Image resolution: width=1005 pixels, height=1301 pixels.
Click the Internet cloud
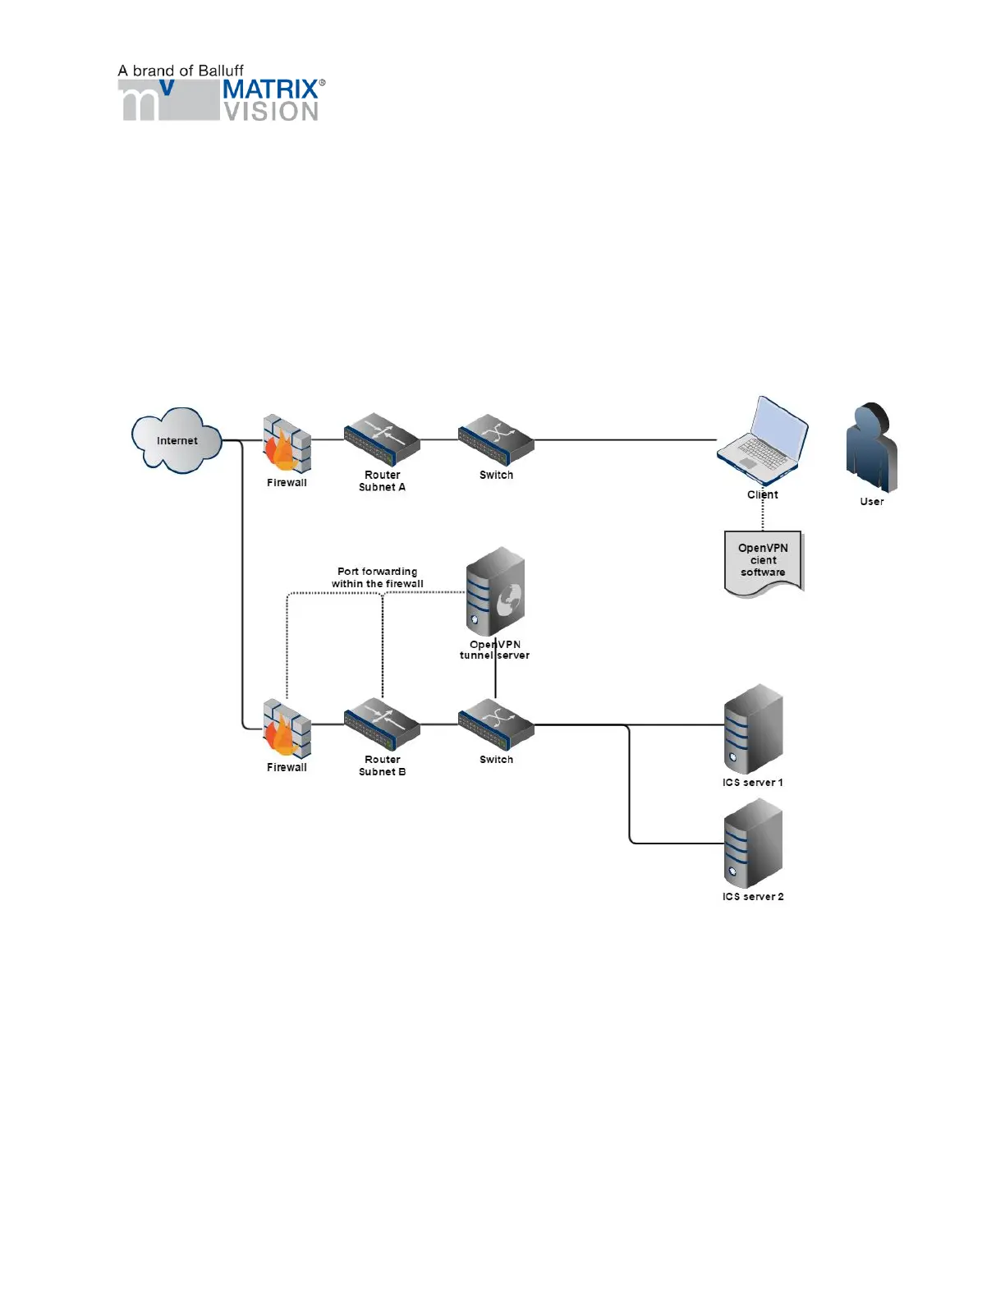point(177,440)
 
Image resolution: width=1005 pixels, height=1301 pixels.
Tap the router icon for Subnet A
point(382,439)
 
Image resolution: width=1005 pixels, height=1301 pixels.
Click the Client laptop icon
point(763,441)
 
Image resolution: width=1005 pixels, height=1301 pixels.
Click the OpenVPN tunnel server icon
point(495,591)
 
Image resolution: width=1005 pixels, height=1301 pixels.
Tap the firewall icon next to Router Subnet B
point(287,729)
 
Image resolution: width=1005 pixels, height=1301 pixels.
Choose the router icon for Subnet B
point(382,724)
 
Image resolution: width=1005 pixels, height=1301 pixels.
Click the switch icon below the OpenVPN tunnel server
point(496,724)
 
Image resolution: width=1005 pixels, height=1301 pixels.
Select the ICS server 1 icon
point(753,729)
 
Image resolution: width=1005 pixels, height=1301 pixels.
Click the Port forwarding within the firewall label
point(378,577)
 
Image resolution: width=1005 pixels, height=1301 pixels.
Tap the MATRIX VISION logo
point(222,100)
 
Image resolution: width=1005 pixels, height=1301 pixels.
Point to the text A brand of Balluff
point(181,71)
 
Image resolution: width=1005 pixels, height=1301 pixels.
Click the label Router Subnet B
point(383,765)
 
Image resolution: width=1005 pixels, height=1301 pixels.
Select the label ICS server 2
point(753,897)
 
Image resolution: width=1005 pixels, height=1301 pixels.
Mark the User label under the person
point(872,502)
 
